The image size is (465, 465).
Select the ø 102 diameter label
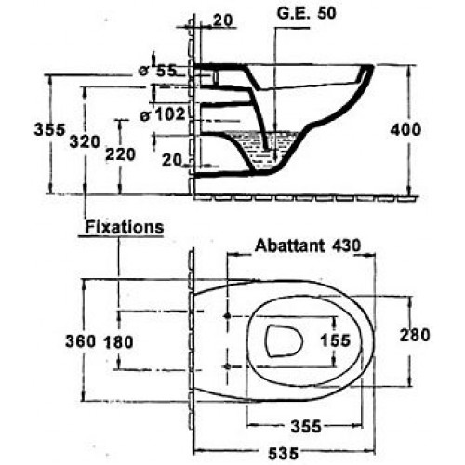click(x=165, y=114)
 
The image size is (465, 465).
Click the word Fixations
click(x=124, y=226)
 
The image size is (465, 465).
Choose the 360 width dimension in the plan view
click(x=80, y=341)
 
